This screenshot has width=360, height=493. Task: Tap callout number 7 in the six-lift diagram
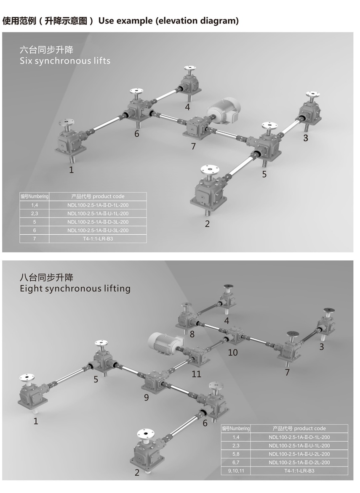tap(194, 146)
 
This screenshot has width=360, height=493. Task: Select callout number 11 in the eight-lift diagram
tap(196, 374)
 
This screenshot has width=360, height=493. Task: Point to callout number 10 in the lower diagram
tap(233, 353)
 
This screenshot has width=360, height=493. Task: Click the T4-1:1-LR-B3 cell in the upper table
tap(98, 239)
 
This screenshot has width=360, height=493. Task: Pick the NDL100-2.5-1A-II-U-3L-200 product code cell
tap(98, 230)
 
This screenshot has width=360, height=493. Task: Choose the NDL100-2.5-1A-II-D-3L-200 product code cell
tap(98, 222)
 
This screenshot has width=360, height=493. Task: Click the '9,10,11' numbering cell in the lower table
tap(236, 471)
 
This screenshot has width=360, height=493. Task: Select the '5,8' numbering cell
tap(236, 454)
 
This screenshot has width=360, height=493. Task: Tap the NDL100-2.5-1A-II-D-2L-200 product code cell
tap(299, 462)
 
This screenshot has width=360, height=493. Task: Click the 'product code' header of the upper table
tap(109, 196)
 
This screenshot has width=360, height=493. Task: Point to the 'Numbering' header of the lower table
tap(240, 428)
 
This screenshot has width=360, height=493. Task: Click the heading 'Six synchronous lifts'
tap(65, 61)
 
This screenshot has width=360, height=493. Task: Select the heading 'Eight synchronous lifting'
tap(75, 288)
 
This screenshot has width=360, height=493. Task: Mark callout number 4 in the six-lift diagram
tap(187, 107)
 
